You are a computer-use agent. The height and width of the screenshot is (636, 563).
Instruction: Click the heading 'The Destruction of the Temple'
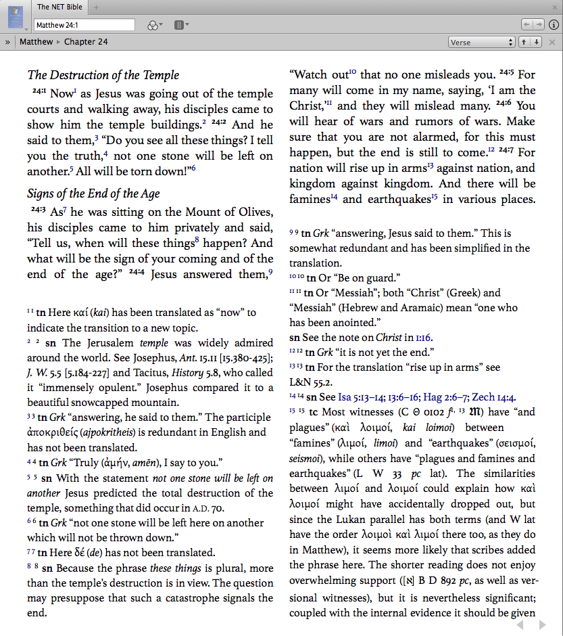(103, 75)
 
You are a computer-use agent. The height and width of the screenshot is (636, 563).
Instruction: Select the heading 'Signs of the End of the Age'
(93, 194)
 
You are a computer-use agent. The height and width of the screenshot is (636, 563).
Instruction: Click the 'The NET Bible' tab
(59, 7)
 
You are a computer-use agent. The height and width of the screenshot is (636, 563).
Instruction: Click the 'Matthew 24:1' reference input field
(84, 25)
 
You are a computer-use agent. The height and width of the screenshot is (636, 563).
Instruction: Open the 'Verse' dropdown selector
(481, 42)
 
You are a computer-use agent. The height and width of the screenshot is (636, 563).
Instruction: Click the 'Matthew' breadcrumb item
(36, 42)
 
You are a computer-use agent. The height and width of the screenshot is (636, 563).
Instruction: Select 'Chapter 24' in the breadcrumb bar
(86, 42)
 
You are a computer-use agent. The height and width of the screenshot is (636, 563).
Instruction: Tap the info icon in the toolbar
(554, 25)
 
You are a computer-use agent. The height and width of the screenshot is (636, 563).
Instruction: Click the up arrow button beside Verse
(523, 42)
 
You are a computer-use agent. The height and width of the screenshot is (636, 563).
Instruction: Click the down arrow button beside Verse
(536, 42)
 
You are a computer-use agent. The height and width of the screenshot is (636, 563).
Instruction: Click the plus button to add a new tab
(96, 7)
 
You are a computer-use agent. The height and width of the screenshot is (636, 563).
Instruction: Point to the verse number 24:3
(38, 210)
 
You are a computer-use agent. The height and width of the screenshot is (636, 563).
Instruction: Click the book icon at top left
(15, 16)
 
